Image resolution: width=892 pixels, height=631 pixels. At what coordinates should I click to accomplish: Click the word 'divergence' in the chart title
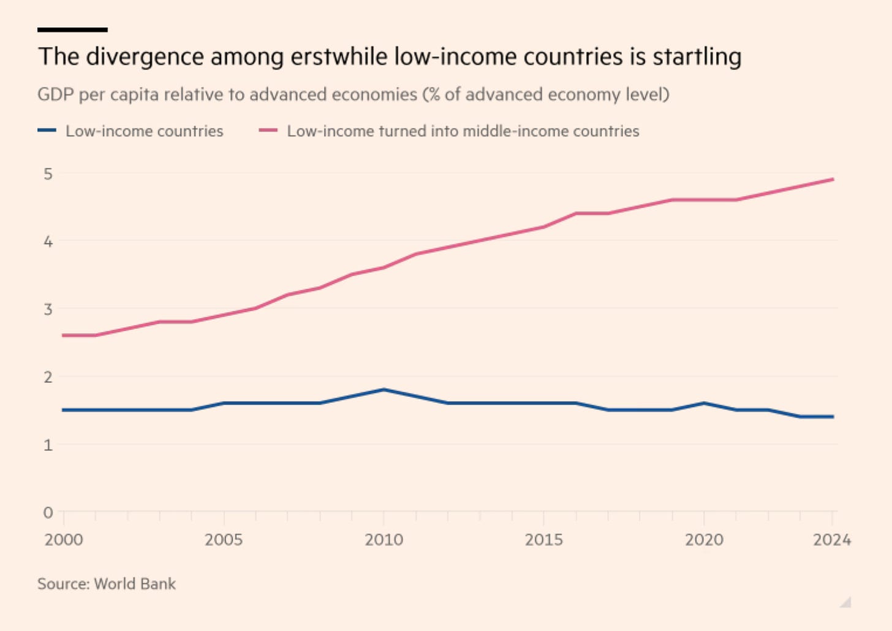145,56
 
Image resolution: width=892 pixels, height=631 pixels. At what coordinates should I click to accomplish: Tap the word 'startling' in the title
697,56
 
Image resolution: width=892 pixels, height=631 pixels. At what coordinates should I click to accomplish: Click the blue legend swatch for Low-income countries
47,131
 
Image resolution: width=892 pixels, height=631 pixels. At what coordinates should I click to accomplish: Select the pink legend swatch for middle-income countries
268,131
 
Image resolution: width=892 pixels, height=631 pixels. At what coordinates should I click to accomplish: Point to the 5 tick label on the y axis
48,174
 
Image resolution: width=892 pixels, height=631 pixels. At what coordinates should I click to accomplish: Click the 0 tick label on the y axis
48,513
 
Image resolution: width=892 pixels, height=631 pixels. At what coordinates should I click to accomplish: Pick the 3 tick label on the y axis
48,309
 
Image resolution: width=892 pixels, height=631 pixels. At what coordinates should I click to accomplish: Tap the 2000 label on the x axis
64,540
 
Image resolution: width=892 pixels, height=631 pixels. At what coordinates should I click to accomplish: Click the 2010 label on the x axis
384,540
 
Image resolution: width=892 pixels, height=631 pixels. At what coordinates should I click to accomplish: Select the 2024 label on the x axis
831,540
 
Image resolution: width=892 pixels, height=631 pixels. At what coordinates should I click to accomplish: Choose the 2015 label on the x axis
543,540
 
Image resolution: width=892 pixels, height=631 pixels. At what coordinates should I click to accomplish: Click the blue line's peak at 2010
384,389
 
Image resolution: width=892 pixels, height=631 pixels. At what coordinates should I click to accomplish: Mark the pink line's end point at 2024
833,179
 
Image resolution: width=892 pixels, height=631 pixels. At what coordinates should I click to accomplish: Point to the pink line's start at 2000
64,335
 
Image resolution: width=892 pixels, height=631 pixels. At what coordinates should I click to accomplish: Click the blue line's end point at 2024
833,417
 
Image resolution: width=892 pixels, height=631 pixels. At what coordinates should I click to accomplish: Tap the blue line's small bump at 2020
704,403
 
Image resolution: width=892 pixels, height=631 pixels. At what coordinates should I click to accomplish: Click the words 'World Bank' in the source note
135,584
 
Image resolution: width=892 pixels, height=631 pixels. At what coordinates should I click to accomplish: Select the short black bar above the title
72,29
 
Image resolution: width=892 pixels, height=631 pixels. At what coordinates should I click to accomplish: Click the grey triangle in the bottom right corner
846,602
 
